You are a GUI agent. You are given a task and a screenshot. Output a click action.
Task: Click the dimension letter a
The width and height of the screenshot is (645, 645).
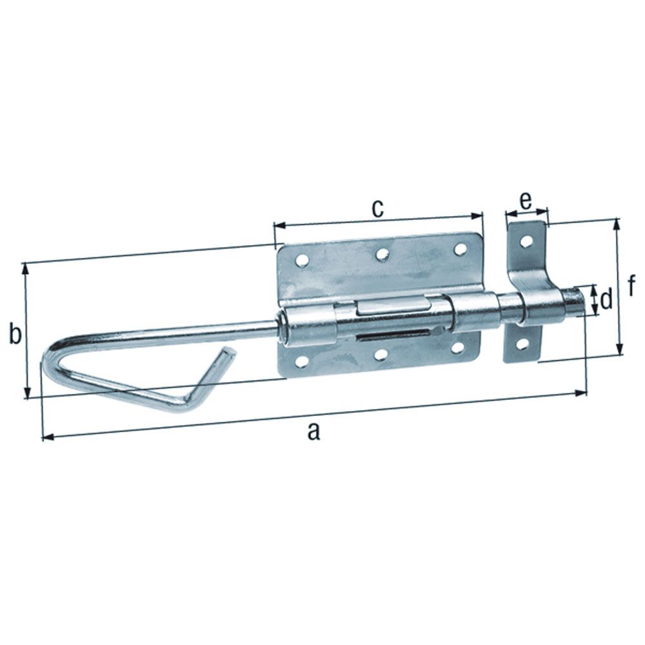point(313,431)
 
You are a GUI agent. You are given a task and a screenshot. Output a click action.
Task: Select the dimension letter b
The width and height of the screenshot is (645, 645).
point(15,335)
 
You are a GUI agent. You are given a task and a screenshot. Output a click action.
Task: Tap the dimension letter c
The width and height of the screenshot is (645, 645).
point(378,208)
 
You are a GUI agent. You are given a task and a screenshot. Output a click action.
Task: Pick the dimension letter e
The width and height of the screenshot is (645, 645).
point(526,201)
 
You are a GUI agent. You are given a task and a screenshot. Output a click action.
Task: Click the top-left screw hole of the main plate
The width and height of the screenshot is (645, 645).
point(301,261)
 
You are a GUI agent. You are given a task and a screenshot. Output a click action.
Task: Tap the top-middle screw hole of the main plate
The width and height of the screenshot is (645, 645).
point(382,255)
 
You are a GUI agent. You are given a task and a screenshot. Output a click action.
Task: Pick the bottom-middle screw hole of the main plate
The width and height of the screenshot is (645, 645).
point(381,355)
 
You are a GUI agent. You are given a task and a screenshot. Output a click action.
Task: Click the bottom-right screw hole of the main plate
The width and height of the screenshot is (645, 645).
point(459,348)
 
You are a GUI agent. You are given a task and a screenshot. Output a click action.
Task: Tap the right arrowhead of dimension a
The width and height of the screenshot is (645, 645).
point(583,392)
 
